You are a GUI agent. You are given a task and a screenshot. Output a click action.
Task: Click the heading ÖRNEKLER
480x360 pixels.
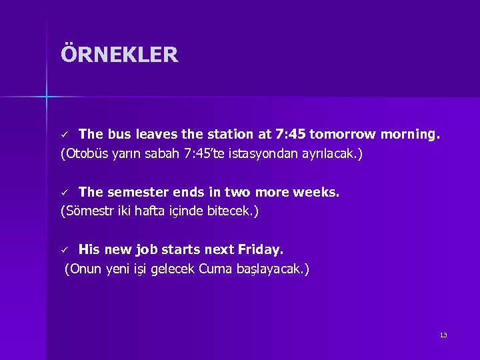[119, 55]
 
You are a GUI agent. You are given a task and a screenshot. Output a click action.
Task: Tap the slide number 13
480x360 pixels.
[443, 335]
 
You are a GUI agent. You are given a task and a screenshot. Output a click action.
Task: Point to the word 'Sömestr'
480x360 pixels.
[85, 212]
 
